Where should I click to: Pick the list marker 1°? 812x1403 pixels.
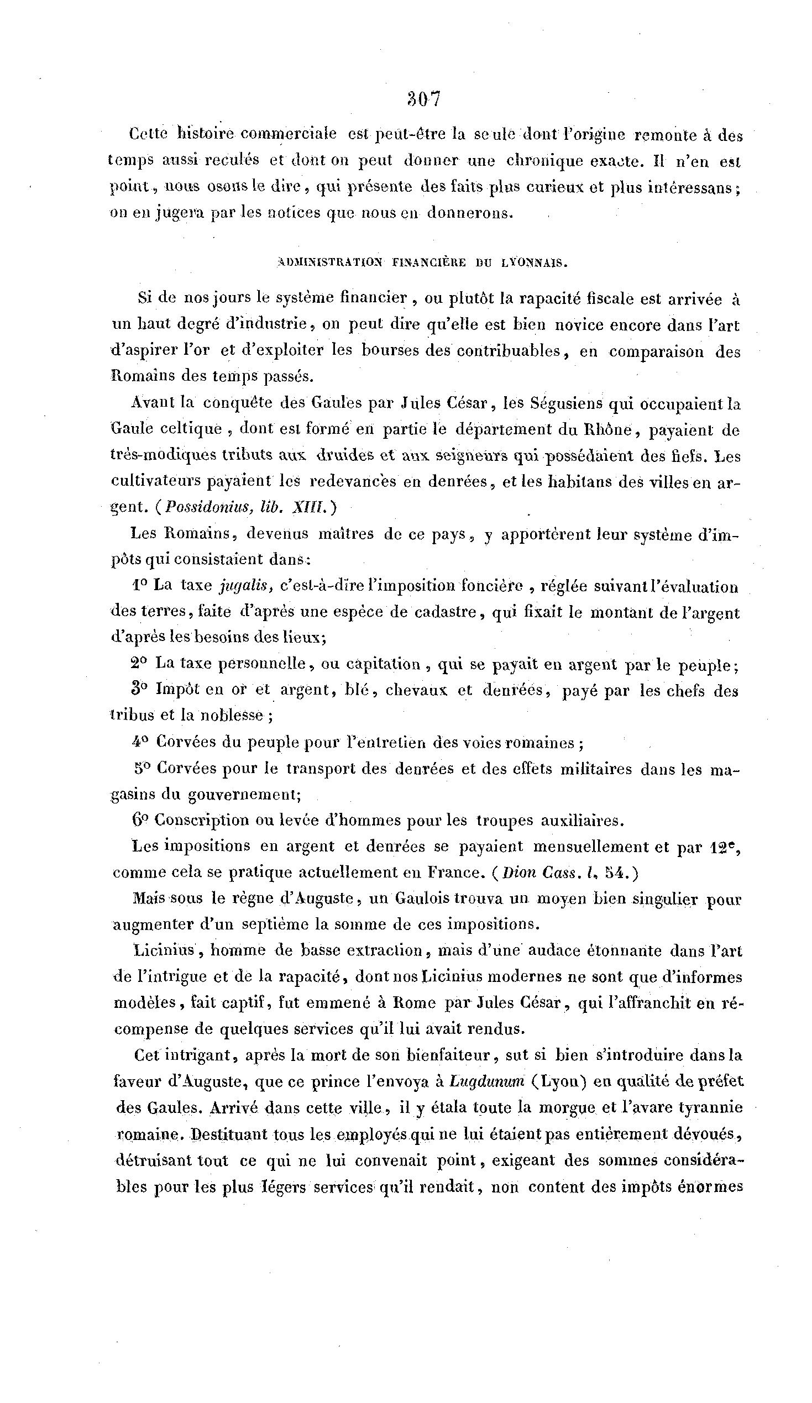(x=140, y=585)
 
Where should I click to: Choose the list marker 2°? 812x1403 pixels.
(x=139, y=664)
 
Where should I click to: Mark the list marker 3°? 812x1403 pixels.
(x=139, y=690)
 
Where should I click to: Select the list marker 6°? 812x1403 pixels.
(x=139, y=820)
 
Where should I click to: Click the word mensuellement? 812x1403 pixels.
(x=590, y=847)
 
